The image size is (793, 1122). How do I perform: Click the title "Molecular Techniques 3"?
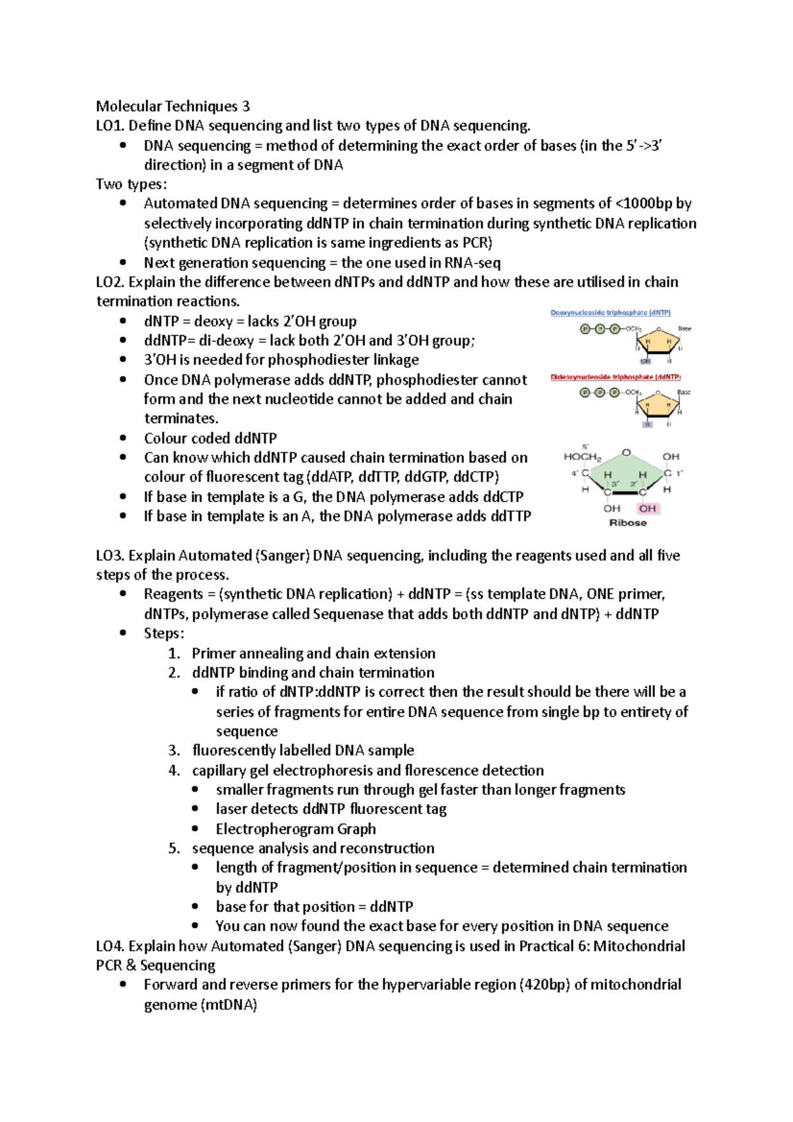pos(173,106)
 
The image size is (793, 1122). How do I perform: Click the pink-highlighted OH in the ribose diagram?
pos(648,508)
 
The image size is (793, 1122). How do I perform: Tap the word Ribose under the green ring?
pos(628,523)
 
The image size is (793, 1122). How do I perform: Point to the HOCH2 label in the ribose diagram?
pos(582,457)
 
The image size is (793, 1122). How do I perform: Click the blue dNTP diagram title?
pos(611,313)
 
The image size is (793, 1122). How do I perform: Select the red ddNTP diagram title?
pos(615,377)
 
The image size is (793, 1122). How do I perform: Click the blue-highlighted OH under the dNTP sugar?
pos(646,361)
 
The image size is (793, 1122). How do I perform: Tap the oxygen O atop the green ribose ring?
pos(626,453)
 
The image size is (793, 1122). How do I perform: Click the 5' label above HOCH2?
pos(585,447)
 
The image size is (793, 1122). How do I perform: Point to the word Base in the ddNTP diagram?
pos(684,393)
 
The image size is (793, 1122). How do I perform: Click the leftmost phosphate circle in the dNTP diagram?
pos(585,329)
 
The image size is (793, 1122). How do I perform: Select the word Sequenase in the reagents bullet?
pos(348,614)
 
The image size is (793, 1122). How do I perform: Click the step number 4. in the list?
pos(174,770)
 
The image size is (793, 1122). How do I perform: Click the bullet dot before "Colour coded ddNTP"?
pos(123,438)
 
